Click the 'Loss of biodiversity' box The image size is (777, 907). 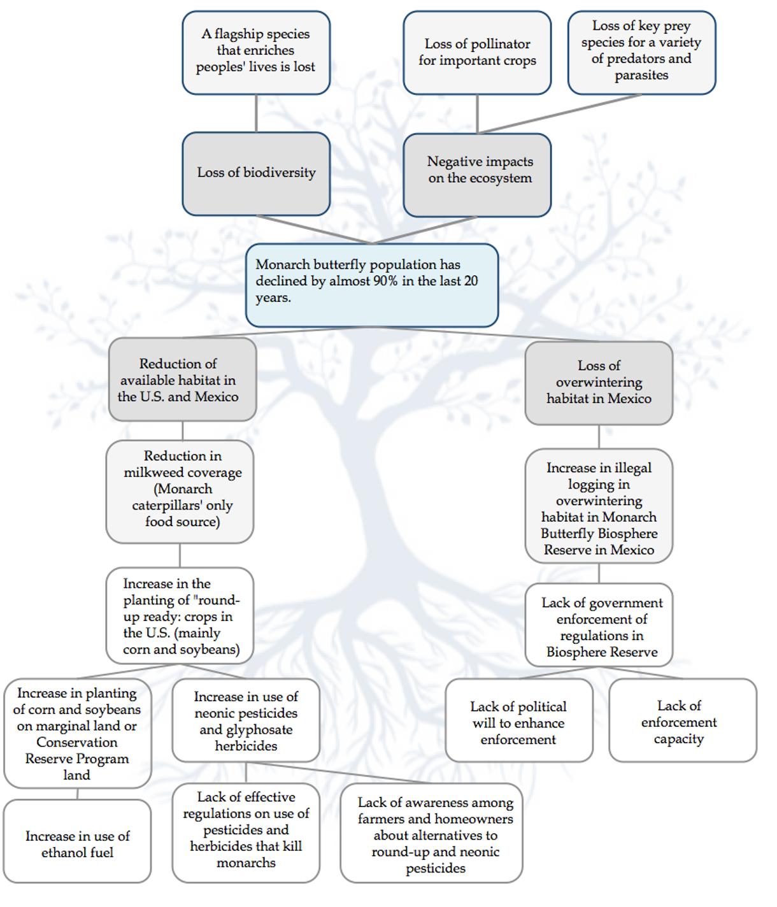pyautogui.click(x=256, y=173)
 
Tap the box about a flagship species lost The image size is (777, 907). pyautogui.click(x=256, y=52)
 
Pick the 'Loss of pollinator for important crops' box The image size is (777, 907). pyautogui.click(x=477, y=52)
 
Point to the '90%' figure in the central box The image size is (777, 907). pyautogui.click(x=385, y=281)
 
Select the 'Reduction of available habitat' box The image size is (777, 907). pyautogui.click(x=182, y=380)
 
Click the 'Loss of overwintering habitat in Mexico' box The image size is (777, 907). pyautogui.click(x=599, y=382)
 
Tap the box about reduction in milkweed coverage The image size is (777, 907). pyautogui.click(x=180, y=490)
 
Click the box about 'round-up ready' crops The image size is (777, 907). pyautogui.click(x=180, y=615)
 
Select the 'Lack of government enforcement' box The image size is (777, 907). pyautogui.click(x=599, y=625)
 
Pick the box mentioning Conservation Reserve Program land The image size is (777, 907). pyautogui.click(x=77, y=733)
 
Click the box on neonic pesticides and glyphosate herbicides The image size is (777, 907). pyautogui.click(x=246, y=720)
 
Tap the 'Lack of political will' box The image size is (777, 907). pyautogui.click(x=518, y=721)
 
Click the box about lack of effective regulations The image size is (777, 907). pyautogui.click(x=246, y=831)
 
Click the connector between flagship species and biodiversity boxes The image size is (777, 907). pyautogui.click(x=256, y=113)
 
